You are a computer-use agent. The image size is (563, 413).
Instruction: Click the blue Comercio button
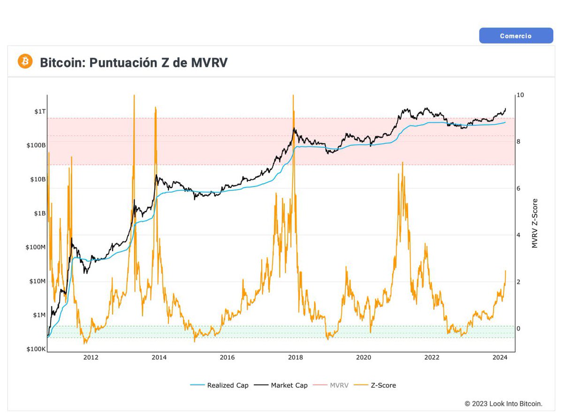pyautogui.click(x=516, y=36)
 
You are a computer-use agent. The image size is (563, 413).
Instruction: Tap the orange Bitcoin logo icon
pyautogui.click(x=25, y=61)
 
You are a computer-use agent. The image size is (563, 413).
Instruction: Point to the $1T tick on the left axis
pyautogui.click(x=40, y=111)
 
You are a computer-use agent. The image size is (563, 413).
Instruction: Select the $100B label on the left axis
pyautogui.click(x=37, y=145)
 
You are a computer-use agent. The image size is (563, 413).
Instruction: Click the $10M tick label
pyautogui.click(x=37, y=281)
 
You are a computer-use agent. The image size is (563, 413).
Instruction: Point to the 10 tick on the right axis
pyautogui.click(x=520, y=95)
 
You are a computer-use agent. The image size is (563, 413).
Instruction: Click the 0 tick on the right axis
pyautogui.click(x=518, y=328)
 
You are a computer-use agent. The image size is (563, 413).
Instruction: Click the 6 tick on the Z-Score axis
pyautogui.click(x=518, y=188)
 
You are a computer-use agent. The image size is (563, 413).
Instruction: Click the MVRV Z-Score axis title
pyautogui.click(x=535, y=223)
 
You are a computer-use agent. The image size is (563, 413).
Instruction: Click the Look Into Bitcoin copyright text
pyautogui.click(x=503, y=404)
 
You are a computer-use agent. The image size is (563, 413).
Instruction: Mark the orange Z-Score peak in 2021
pyautogui.click(x=403, y=162)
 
